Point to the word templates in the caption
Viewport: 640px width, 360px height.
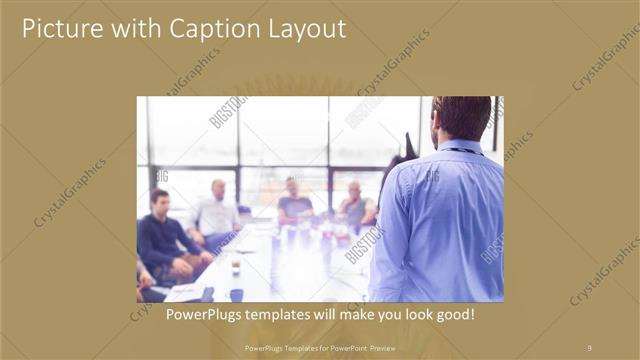click(x=279, y=314)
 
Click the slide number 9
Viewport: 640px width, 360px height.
click(x=589, y=347)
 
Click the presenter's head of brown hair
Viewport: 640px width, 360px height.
click(x=462, y=115)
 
